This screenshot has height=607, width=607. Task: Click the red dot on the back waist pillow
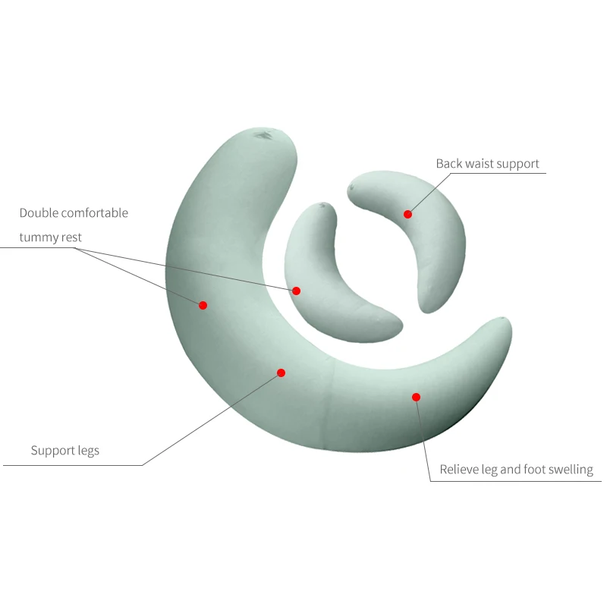click(407, 214)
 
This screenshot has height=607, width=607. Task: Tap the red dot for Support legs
click(281, 373)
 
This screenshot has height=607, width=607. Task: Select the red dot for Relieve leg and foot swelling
click(416, 397)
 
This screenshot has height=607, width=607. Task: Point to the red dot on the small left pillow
click(296, 291)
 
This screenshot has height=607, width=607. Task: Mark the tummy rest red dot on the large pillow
click(203, 305)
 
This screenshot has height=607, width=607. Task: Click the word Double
click(39, 213)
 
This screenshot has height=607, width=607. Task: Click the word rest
click(71, 237)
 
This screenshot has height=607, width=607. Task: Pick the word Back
click(448, 164)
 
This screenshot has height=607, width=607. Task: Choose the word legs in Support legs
click(88, 451)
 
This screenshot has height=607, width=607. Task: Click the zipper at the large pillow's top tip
click(264, 135)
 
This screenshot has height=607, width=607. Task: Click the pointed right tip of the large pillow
click(505, 319)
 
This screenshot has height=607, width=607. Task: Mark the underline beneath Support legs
click(73, 465)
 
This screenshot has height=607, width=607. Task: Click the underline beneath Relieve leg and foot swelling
click(516, 481)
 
